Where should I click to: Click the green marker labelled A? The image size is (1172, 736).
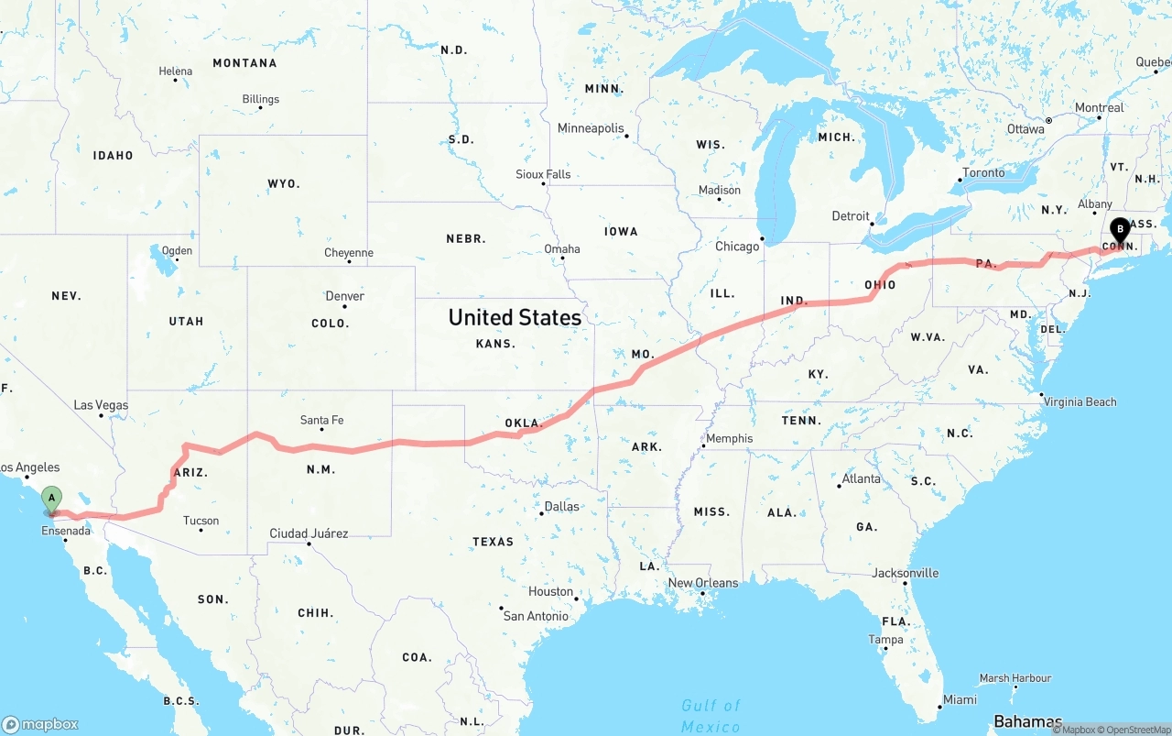click(52, 500)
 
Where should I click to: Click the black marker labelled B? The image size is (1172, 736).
click(1119, 230)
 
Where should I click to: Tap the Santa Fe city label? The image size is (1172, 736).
click(321, 421)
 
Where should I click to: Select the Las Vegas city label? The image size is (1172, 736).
click(101, 405)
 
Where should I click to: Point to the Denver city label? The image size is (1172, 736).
click(344, 296)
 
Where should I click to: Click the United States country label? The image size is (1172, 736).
click(515, 317)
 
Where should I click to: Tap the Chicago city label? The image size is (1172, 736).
click(737, 246)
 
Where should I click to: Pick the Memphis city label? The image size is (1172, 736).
click(730, 438)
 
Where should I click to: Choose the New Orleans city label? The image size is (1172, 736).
click(702, 583)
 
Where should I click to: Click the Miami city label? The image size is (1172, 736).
click(960, 699)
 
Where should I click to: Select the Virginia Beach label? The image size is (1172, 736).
click(1080, 401)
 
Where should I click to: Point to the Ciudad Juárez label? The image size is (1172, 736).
click(309, 533)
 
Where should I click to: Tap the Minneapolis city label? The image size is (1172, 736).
click(591, 128)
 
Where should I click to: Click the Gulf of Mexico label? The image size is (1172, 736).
click(711, 716)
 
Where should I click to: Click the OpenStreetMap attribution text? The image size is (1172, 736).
click(1134, 730)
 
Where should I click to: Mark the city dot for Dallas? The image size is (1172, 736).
click(542, 513)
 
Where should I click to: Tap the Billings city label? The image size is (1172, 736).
click(261, 99)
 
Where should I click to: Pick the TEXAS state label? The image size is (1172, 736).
click(493, 542)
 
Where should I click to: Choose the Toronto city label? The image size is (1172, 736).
click(983, 172)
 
